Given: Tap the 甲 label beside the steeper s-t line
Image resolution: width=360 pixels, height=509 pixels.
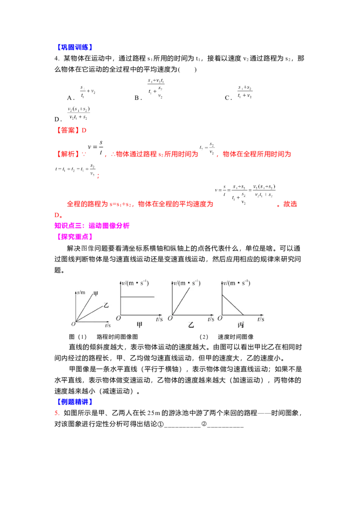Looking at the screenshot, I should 95,294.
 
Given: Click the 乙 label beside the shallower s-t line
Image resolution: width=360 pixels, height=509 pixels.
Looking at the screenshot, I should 106,305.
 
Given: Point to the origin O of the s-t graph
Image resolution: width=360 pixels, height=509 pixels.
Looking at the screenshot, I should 73,324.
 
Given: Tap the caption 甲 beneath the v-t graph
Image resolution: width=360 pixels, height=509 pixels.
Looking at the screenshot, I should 139,325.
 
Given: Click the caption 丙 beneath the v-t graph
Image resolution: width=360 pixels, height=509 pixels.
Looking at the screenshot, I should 241,325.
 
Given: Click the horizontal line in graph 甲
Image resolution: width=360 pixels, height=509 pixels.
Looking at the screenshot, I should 138,297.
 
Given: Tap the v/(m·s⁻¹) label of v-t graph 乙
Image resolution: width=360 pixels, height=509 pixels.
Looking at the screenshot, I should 187,283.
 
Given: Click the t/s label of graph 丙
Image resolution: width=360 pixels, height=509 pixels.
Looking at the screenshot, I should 261,318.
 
